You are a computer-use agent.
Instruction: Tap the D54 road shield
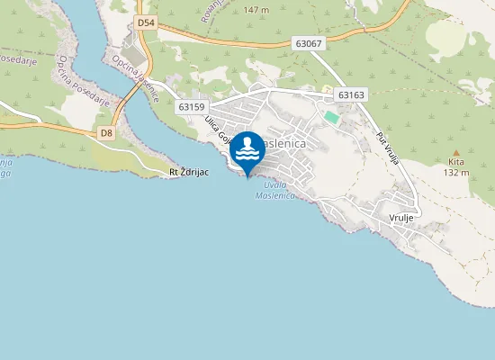point(147,22)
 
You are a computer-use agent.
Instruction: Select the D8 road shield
point(107,133)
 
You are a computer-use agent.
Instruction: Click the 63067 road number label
point(307,42)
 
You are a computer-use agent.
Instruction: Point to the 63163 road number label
point(350,94)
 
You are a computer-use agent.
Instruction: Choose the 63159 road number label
point(191,106)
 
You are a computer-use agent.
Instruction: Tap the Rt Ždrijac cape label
point(189,171)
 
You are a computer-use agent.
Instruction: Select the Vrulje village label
point(400,218)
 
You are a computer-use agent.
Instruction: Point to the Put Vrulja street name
point(387,148)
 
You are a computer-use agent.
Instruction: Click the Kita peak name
point(456,163)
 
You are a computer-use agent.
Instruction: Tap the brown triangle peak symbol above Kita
point(456,153)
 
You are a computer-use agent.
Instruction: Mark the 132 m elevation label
point(457,173)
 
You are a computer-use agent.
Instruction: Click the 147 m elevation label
point(256,10)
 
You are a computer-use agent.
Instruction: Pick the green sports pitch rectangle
point(332,117)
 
